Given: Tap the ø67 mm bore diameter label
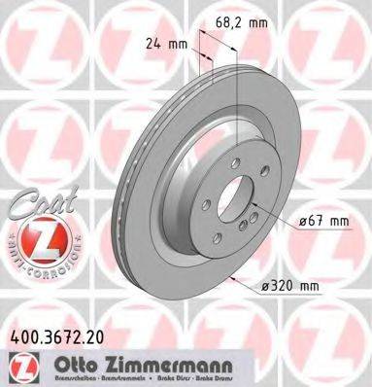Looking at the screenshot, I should pyautogui.click(x=323, y=221).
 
